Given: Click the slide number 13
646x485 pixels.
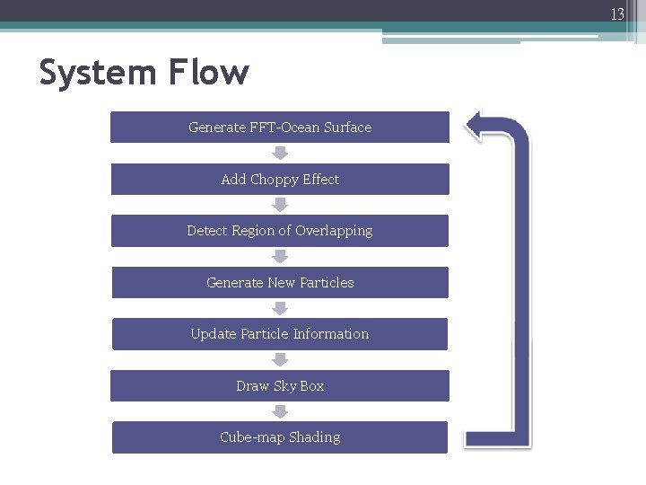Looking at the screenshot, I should pos(617,13).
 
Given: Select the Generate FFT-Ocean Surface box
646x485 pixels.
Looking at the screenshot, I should pos(280,128).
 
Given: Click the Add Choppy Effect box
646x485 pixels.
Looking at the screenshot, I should pos(280,180).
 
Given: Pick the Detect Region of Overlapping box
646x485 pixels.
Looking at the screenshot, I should pos(280,231).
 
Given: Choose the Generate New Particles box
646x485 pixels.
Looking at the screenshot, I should pos(280,283).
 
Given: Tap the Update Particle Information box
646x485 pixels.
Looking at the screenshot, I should pos(280,334).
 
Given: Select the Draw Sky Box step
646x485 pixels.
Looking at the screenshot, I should pos(280,386).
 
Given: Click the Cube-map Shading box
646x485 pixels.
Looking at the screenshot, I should pos(280,437).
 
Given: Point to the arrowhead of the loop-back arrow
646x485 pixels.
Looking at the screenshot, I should pos(476,127).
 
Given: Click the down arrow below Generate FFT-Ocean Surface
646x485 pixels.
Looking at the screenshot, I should pos(280,154).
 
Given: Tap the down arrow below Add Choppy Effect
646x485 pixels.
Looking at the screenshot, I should pos(280,206).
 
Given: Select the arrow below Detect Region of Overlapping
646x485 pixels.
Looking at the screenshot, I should pos(280,257).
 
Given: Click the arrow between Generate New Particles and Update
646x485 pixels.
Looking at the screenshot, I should pos(280,309).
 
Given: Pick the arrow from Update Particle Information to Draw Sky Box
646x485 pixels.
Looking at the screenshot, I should pos(280,360).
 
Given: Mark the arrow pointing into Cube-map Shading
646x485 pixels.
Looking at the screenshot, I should pos(280,411).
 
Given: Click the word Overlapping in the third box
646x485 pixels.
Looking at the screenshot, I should pos(336,231).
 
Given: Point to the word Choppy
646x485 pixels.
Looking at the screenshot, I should pos(274,180).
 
